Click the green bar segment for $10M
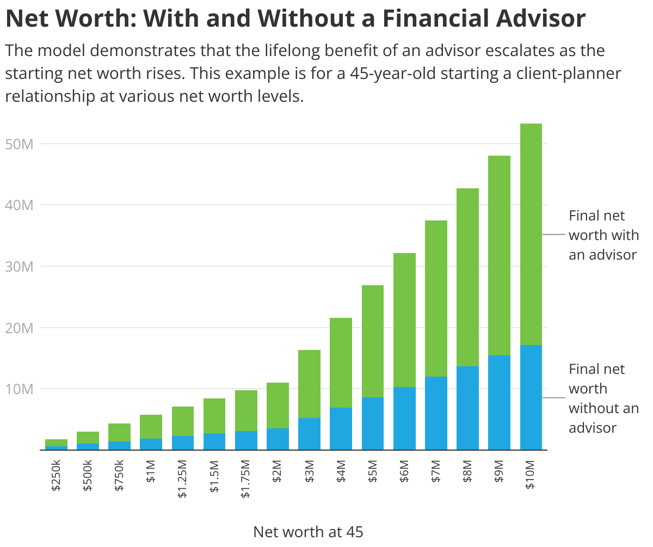[531, 234]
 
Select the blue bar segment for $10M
[531, 397]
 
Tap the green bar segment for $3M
[309, 384]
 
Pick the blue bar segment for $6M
[404, 418]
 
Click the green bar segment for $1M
[151, 426]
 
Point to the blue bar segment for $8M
[467, 408]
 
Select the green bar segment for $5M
[373, 341]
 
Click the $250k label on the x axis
[56, 475]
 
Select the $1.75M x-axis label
[245, 478]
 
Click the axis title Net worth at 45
[308, 532]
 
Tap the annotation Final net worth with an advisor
[603, 235]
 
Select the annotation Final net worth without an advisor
[603, 398]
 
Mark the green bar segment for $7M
[436, 298]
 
